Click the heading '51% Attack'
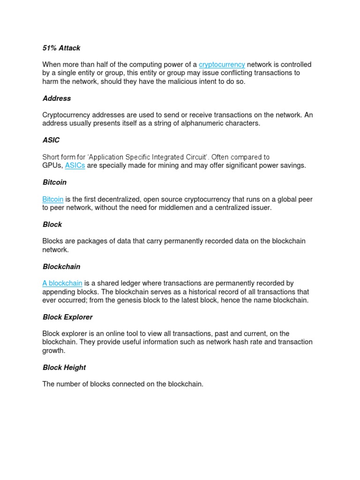tap(61, 48)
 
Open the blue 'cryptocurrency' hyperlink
tap(222, 65)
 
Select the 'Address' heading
tap(57, 98)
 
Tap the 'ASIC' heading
tap(51, 140)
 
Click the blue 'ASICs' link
tap(75, 165)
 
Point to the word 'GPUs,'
tap(52, 165)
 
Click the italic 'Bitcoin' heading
tap(54, 182)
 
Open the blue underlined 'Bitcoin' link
tap(53, 199)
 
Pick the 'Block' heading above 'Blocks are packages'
tap(52, 225)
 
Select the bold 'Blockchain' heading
tap(61, 267)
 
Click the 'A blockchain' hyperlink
tap(62, 283)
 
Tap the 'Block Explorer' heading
tap(67, 317)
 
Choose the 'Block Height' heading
tap(64, 367)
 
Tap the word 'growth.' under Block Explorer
tap(54, 351)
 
